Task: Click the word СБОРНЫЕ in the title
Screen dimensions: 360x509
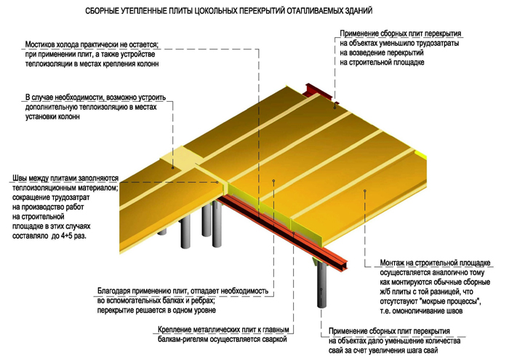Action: (107, 12)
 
